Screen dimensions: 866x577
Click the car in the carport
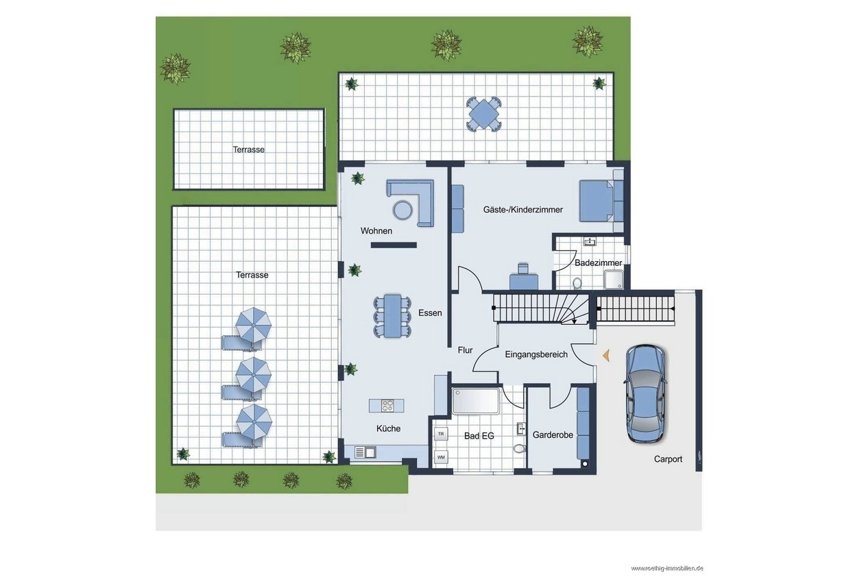coord(645,393)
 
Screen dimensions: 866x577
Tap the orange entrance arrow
coord(606,355)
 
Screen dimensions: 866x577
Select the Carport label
coord(668,459)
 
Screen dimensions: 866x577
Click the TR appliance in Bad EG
coord(441,434)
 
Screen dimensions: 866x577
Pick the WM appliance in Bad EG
coord(441,457)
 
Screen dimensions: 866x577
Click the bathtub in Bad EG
coord(476,401)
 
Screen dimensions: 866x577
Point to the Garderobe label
coord(553,434)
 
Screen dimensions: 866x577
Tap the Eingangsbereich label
coord(536,354)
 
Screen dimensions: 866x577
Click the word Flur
coord(465,350)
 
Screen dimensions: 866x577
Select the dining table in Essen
coord(392,316)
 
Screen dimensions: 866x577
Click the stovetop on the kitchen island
coord(387,406)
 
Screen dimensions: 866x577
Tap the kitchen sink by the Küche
coord(365,452)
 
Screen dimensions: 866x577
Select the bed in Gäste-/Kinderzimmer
coord(597,201)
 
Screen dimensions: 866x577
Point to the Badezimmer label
coord(598,262)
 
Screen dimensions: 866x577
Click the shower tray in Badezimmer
coord(614,279)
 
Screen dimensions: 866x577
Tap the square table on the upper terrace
coord(483,114)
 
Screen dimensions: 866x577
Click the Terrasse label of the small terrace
coord(249,149)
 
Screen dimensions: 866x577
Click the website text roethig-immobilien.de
coord(667,568)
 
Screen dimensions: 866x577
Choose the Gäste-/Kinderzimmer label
coord(522,210)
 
